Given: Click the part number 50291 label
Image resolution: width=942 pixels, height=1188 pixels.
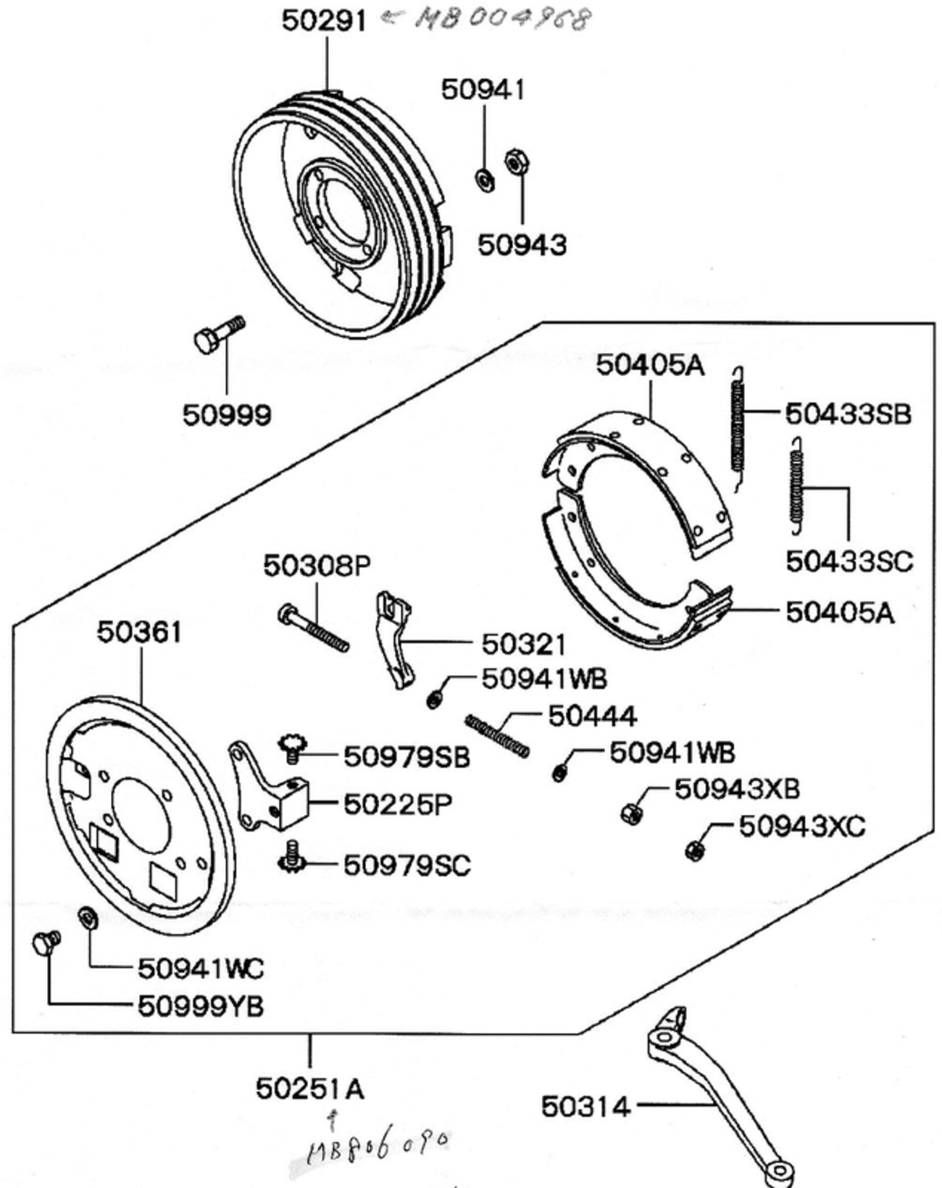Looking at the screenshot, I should point(324,20).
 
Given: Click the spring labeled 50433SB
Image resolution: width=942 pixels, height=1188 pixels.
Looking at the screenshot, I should point(737,427).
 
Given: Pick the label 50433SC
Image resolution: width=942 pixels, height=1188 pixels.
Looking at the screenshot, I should point(849,561).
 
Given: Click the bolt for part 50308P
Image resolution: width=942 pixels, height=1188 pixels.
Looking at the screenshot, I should point(313,627).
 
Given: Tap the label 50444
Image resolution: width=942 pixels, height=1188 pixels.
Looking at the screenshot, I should point(592,716).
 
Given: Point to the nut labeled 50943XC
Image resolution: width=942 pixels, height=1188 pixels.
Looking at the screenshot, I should point(694,849).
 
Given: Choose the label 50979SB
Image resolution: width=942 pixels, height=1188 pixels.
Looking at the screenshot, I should point(407,757).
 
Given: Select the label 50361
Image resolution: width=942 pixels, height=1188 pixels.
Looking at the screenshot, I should point(139,632).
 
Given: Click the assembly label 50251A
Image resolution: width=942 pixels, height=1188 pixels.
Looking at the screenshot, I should point(309,1088).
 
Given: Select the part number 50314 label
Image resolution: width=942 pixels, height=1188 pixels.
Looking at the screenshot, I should point(585,1106).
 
